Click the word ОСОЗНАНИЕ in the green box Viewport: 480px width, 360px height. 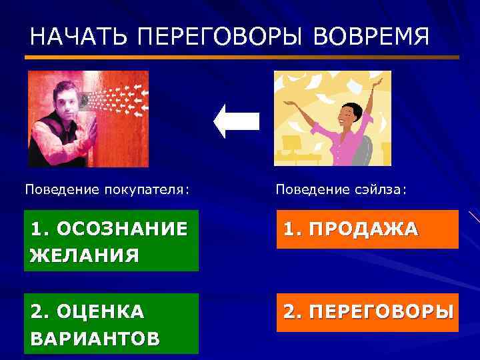[x=123, y=229]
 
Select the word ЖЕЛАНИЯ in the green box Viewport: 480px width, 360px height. [x=85, y=255]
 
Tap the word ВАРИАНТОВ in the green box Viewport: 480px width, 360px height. [x=95, y=337]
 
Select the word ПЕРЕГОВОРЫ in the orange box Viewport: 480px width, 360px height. [x=381, y=311]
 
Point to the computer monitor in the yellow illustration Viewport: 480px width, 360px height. [x=291, y=143]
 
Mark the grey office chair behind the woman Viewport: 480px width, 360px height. [x=364, y=150]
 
